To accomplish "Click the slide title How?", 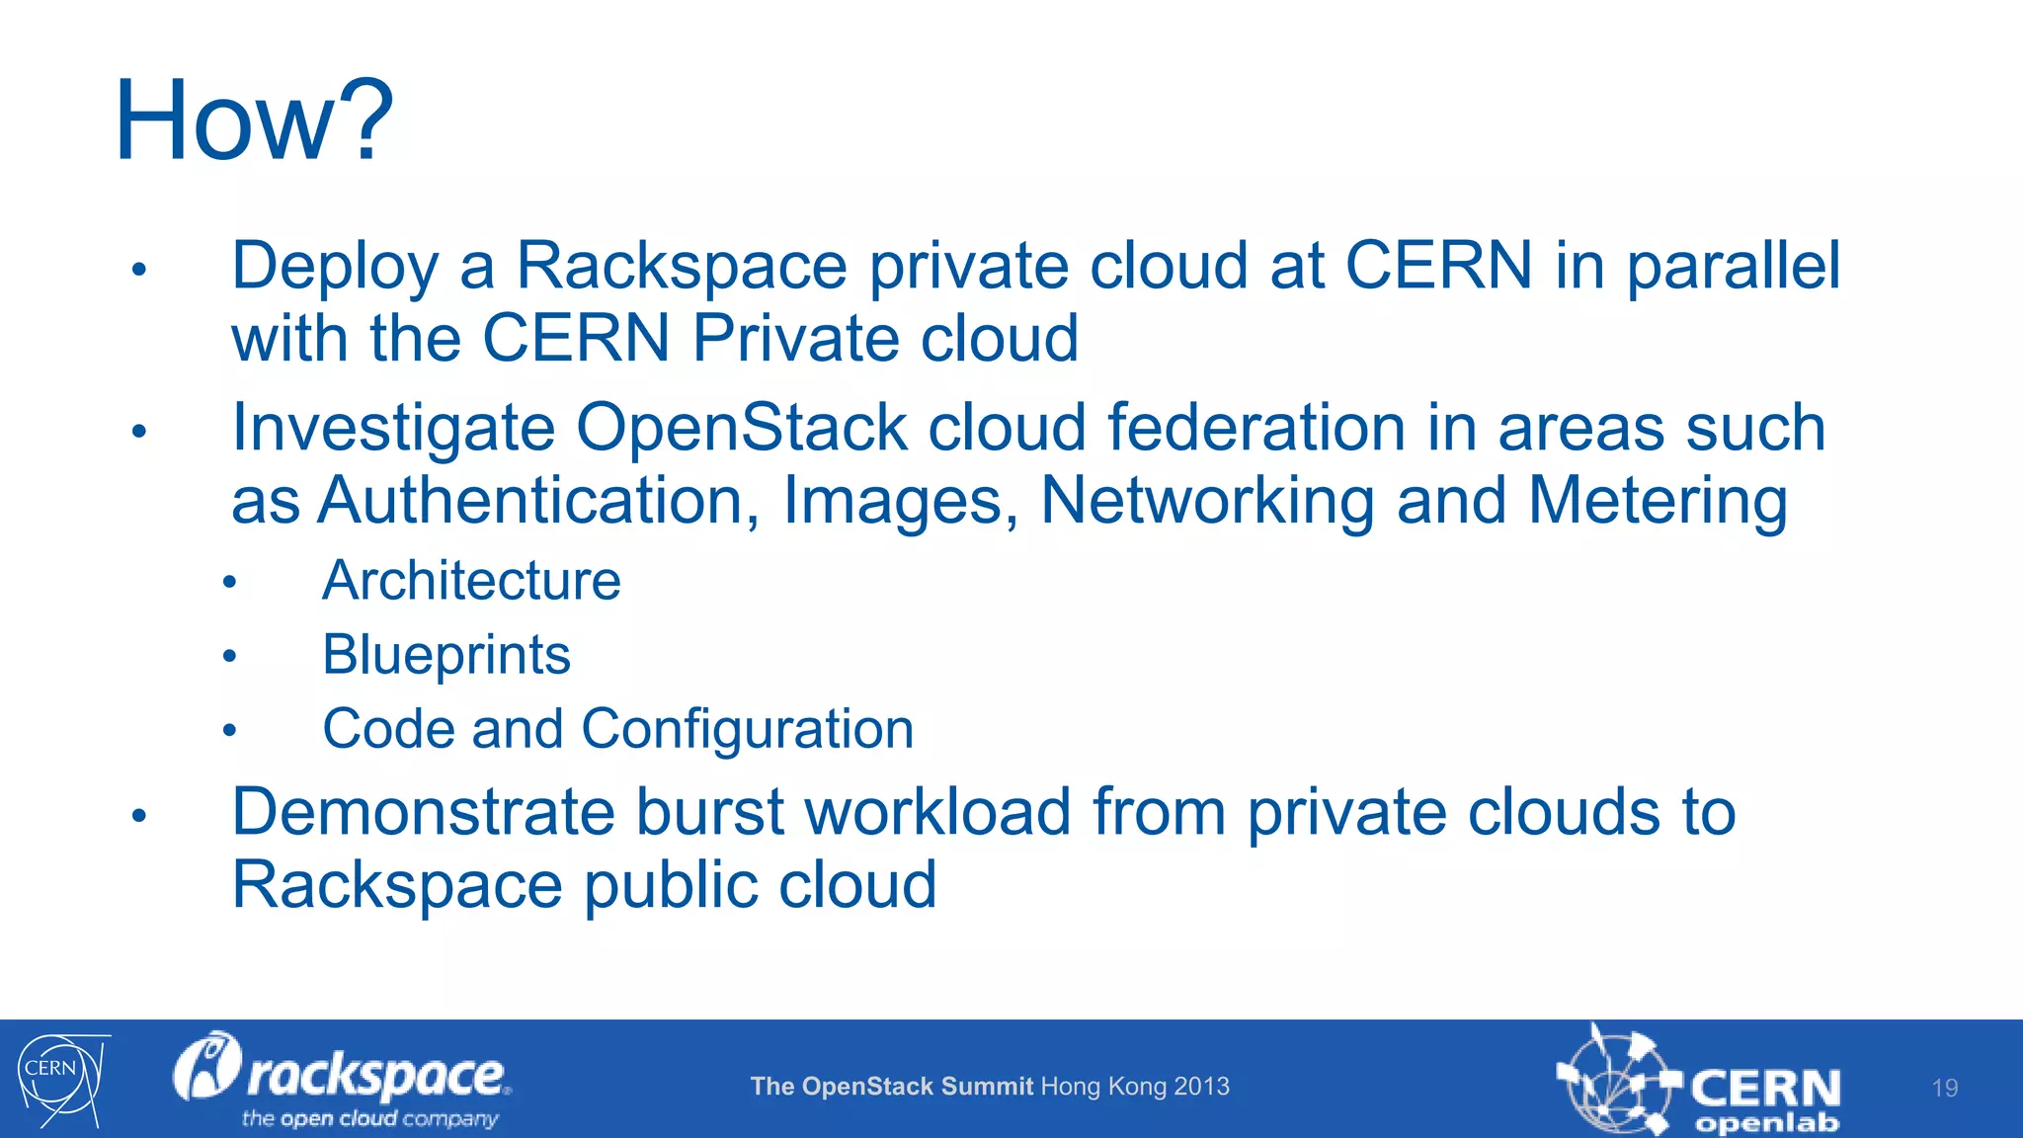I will (254, 121).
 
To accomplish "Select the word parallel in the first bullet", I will (1733, 267).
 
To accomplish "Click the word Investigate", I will (393, 429).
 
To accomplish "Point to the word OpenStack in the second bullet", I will (741, 429).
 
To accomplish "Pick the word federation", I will (1255, 429).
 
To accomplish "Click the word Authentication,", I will (539, 501).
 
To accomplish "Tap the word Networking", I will (1207, 501).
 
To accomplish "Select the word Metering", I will (1658, 501).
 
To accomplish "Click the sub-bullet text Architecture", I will (471, 580).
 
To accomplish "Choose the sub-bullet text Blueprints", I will (446, 655).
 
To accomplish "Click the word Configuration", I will (747, 729).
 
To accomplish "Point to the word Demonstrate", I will (423, 812).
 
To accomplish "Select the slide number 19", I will (1944, 1088).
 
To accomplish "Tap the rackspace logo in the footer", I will (342, 1079).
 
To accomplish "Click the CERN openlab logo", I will (1698, 1083).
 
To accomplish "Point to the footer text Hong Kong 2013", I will (1135, 1087).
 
